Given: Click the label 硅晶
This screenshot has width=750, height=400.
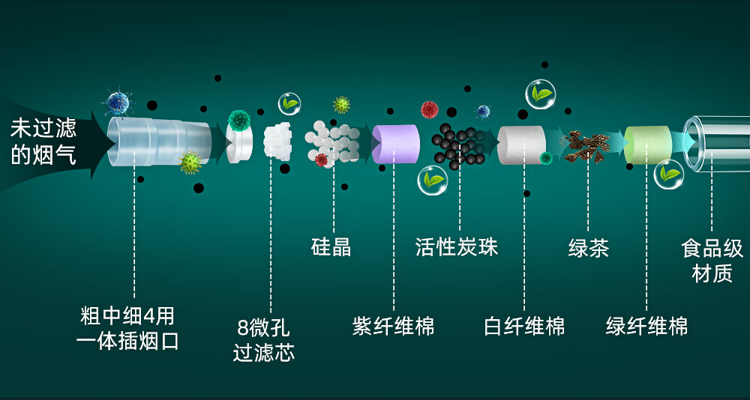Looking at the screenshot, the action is tap(331, 247).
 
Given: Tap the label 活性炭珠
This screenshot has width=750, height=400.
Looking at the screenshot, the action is tap(456, 247).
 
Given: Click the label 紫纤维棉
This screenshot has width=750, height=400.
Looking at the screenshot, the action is tap(393, 327).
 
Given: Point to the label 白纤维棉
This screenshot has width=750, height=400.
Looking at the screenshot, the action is tap(524, 327).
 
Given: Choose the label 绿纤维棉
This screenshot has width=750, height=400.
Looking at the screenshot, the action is tap(646, 327).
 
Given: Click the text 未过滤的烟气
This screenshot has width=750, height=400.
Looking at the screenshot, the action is tap(43, 142).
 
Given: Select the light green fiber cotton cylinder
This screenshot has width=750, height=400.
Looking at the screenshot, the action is tap(647, 144).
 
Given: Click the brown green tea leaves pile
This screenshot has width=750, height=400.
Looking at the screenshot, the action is tap(587, 146).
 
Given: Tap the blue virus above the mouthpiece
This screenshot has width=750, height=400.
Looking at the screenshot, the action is tap(117, 103).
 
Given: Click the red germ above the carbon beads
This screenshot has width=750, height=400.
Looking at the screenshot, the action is tap(429, 110).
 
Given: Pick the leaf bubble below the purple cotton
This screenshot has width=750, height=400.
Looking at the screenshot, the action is tap(433, 181).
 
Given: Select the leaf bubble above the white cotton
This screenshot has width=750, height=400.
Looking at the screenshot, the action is tap(540, 94).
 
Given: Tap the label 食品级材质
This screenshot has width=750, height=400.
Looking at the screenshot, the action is tap(712, 261).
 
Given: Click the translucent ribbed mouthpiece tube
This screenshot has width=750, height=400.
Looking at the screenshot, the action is tap(157, 140).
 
